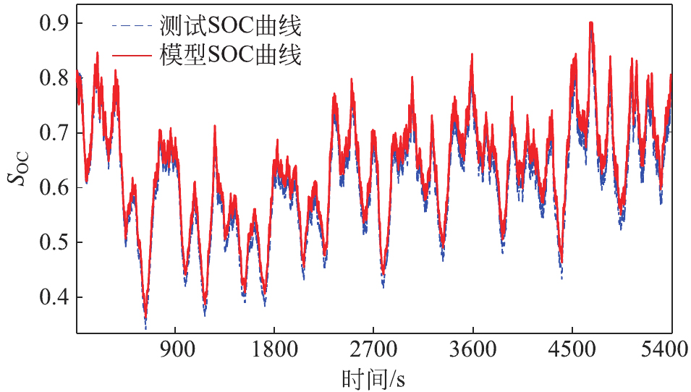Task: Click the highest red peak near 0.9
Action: [x=591, y=23]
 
